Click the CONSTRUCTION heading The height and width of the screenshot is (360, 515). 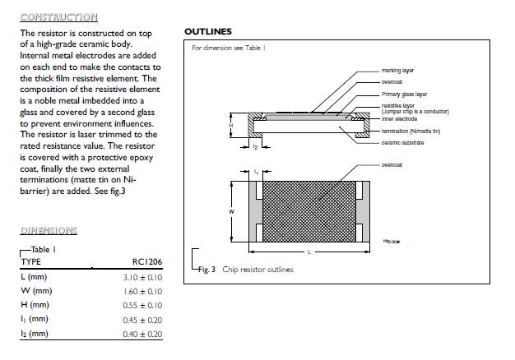(x=58, y=17)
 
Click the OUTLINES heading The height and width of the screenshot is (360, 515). (x=207, y=32)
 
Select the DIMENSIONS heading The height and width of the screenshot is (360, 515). (x=49, y=231)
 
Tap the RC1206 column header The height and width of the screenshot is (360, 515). (x=147, y=261)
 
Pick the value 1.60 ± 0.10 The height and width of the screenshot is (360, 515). (x=142, y=291)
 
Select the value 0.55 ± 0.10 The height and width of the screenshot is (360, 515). (x=142, y=305)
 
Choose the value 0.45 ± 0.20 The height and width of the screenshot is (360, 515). (x=142, y=319)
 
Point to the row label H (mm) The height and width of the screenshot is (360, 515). (x=35, y=305)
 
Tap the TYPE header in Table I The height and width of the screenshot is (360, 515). (x=30, y=261)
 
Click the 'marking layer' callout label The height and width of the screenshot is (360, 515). (x=397, y=72)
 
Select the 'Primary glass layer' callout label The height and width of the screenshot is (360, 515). (x=404, y=95)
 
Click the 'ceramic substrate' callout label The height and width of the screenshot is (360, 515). (x=402, y=143)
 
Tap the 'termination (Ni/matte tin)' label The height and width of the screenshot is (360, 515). (x=411, y=132)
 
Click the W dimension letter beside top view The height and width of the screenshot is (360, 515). (x=231, y=212)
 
